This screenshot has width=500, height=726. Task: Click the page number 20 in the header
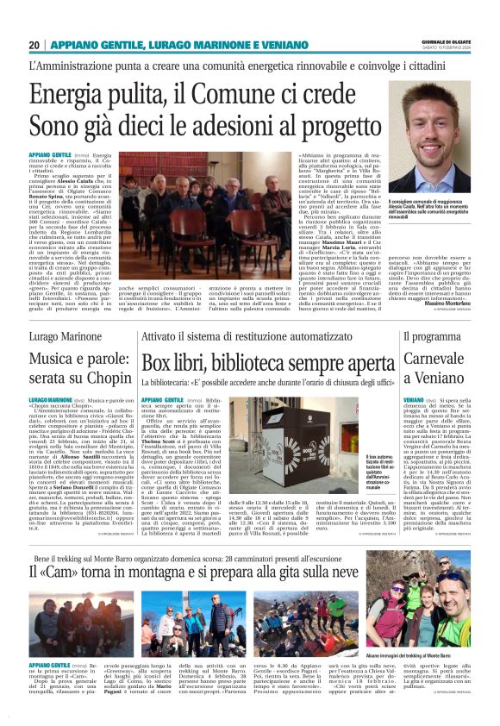[34, 45]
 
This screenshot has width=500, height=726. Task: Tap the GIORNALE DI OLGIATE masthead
[447, 41]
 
